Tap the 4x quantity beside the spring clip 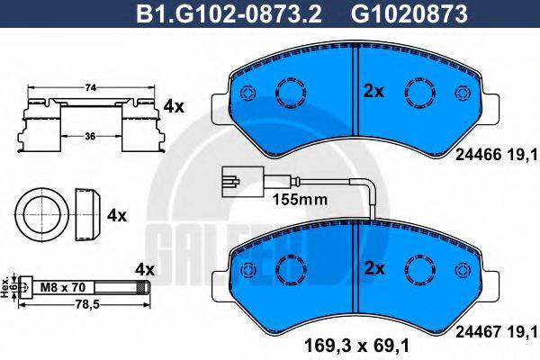(x=174, y=107)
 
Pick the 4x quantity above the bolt (x=144, y=269)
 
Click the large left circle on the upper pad (x=291, y=93)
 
